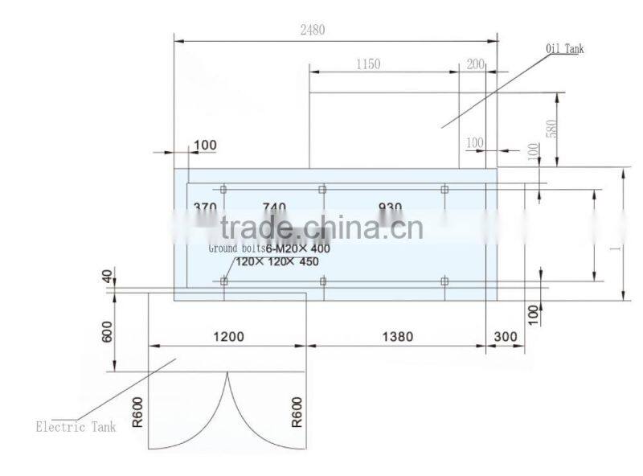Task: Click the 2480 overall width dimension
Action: pos(313,31)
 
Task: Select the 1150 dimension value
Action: pos(366,64)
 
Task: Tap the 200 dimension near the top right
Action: pos(475,64)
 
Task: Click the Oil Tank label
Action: pos(565,49)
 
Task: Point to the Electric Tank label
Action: pos(76,427)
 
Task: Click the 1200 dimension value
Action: pos(228,337)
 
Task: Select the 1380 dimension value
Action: pos(395,337)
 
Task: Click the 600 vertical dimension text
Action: pos(109,332)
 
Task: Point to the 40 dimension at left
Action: pos(109,277)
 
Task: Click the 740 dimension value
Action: pos(273,207)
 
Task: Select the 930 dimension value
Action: pos(390,207)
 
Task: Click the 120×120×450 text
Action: pos(277,261)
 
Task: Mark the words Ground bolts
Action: pos(236,248)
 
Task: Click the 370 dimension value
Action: pos(205,207)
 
